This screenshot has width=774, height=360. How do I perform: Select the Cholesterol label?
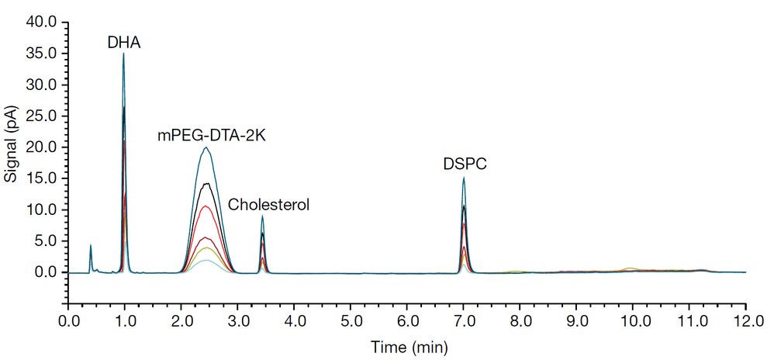coord(268,206)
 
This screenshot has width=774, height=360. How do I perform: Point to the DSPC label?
coord(459,164)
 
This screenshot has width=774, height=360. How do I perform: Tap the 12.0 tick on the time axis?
coord(745,319)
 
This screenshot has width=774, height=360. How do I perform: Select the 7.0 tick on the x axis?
coord(464,319)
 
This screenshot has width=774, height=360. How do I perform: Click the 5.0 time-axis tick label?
coord(351,319)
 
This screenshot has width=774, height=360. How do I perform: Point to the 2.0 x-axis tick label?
coord(181,319)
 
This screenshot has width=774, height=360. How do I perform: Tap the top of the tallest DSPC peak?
coord(463,178)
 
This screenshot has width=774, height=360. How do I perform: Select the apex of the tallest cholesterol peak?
coord(263,216)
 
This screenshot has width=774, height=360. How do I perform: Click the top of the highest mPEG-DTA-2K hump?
coord(206,147)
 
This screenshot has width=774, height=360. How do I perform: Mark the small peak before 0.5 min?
coord(91,246)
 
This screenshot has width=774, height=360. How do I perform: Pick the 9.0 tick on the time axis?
coord(576,319)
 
